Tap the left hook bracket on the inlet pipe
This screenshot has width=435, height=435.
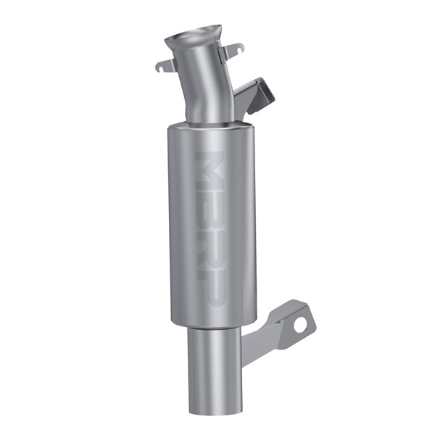pyautogui.click(x=166, y=65)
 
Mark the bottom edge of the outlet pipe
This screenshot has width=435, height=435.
pyautogui.click(x=213, y=411)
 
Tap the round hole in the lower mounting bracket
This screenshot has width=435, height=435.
pyautogui.click(x=299, y=325)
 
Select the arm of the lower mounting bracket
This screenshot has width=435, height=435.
pyautogui.click(x=268, y=337)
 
